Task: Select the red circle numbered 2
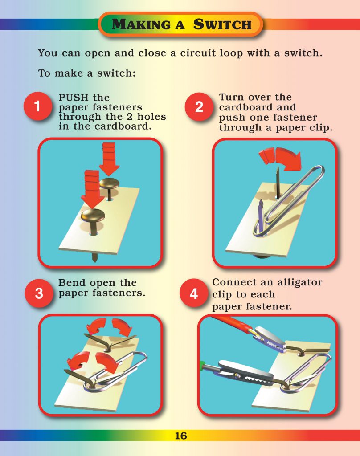pyautogui.click(x=199, y=107)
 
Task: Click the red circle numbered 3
pyautogui.click(x=39, y=294)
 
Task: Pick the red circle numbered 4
pyautogui.click(x=193, y=294)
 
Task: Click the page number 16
pyautogui.click(x=180, y=436)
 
